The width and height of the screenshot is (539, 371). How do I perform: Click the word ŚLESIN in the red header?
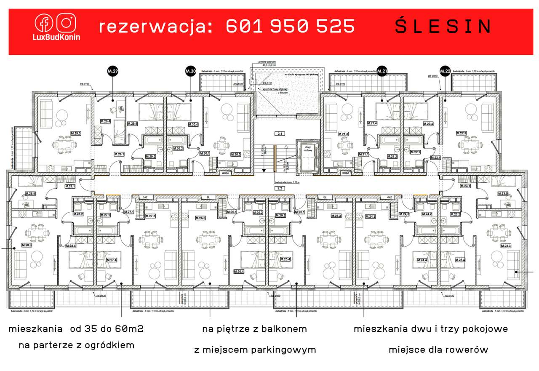[x=443, y=27]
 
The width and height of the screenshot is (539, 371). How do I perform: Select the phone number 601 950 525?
[x=291, y=27]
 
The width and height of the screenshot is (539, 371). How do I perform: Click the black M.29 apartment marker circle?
[x=112, y=72]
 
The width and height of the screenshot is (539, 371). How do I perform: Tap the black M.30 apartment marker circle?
[x=190, y=72]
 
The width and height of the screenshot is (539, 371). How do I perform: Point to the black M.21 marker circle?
[x=382, y=72]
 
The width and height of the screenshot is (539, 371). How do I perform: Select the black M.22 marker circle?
[x=445, y=72]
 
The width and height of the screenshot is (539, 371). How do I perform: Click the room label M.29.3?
[x=75, y=133]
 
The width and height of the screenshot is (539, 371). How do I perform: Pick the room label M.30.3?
[x=235, y=154]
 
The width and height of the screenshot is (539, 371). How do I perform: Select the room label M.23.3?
[x=506, y=246]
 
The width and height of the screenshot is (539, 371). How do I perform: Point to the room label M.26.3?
[x=200, y=218]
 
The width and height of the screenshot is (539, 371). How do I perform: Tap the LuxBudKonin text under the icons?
[x=57, y=37]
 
